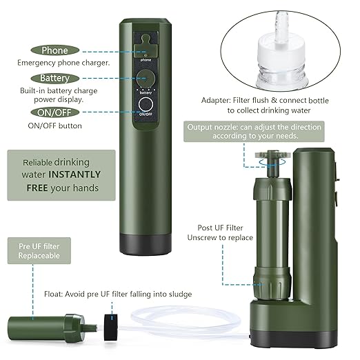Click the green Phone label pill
[x=55, y=50]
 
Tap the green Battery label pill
[x=55, y=78]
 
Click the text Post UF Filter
[x=220, y=227]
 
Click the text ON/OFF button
[x=54, y=126]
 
